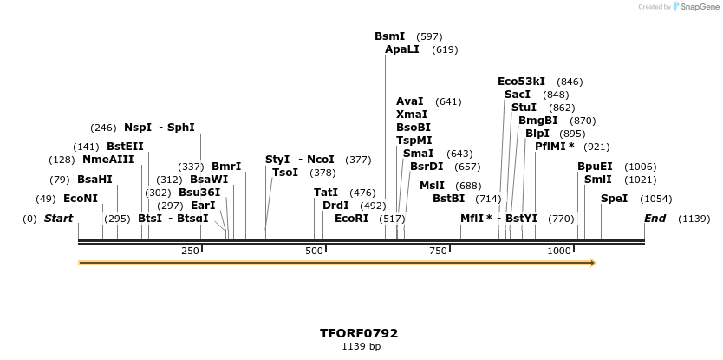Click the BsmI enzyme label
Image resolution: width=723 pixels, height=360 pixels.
click(389, 36)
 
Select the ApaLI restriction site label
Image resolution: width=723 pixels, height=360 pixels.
click(402, 49)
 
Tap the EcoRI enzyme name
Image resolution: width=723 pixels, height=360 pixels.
click(351, 219)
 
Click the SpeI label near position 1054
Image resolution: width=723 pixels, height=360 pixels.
click(614, 199)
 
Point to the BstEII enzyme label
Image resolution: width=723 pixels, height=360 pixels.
click(125, 147)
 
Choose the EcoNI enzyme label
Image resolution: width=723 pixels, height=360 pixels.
click(81, 199)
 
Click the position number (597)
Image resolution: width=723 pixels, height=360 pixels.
click(429, 36)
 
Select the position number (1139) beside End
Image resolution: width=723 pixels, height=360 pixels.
click(694, 219)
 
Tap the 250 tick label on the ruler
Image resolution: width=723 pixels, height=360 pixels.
click(190, 251)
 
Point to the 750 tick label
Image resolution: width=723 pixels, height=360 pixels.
click(438, 251)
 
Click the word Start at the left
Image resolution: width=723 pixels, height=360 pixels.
click(58, 219)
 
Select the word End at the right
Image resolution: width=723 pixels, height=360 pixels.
click(655, 219)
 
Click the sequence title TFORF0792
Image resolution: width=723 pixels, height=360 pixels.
click(359, 333)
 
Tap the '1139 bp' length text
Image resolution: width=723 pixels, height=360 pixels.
click(361, 346)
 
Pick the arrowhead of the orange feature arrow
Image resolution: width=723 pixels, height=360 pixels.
click(593, 262)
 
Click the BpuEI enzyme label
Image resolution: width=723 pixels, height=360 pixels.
click(595, 167)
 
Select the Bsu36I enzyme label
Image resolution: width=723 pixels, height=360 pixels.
click(199, 193)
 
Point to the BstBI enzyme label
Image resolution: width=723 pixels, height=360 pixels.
click(448, 199)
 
